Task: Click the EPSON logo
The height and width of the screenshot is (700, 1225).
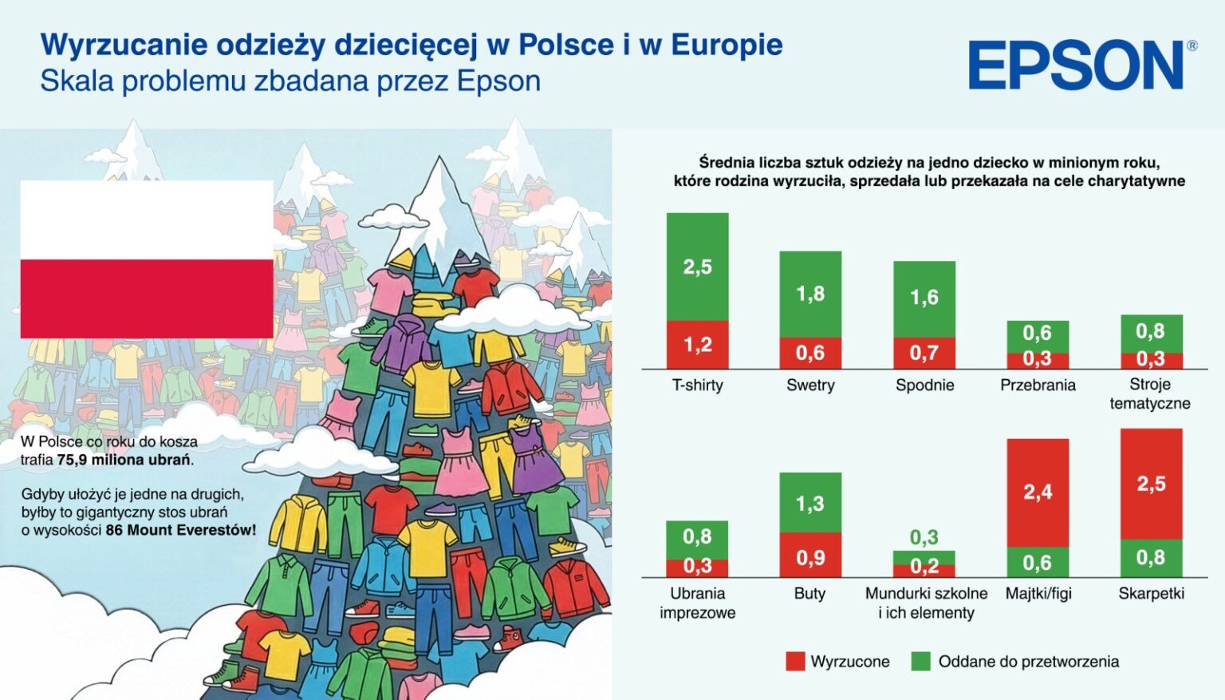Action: point(1076,65)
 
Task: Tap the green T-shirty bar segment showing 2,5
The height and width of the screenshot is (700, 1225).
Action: point(697,267)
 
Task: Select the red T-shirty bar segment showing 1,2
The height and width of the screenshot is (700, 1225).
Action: point(697,345)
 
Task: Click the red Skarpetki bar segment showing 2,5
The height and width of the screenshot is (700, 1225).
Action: point(1151,484)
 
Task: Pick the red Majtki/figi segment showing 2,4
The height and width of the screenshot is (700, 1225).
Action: point(1038,492)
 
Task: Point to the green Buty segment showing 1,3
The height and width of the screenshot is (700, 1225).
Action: point(809,503)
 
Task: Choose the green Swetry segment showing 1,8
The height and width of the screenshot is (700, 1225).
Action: point(810,294)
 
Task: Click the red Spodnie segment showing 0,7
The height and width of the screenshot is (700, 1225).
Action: point(924,353)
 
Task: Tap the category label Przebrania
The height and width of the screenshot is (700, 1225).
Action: point(1038,386)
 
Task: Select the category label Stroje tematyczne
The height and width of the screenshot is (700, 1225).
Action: point(1150,394)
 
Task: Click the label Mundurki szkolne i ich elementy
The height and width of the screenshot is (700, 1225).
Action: point(926,603)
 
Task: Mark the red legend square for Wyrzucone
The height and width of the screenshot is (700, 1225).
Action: point(795,661)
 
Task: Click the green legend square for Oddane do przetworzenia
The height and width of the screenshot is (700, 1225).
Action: point(921,661)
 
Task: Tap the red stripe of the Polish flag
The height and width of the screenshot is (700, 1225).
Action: point(147,299)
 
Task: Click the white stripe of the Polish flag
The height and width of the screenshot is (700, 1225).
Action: point(147,219)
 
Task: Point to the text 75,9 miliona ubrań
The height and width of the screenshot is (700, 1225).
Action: point(124,460)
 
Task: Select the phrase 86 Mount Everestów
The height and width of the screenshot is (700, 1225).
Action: point(180,530)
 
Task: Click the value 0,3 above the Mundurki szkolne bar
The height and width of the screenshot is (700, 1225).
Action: point(924,537)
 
